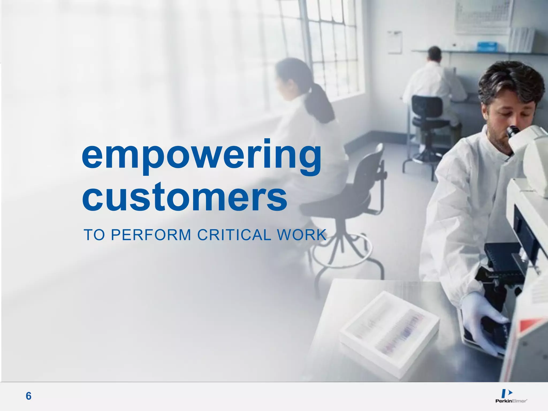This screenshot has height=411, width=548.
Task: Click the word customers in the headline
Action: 185,197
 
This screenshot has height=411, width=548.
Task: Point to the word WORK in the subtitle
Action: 302,235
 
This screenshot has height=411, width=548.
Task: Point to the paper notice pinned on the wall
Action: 394,42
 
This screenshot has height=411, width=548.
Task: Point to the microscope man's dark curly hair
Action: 508,80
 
